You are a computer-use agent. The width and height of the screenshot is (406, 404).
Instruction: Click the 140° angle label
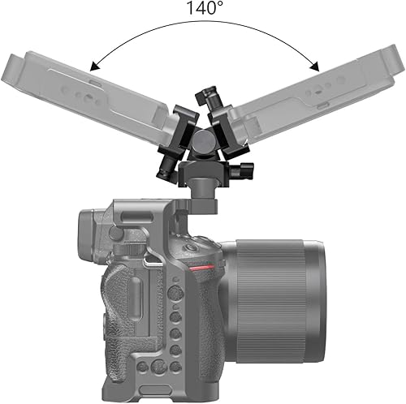[x=203, y=10]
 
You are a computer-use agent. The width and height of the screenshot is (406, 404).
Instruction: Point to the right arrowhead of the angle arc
[x=313, y=64]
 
